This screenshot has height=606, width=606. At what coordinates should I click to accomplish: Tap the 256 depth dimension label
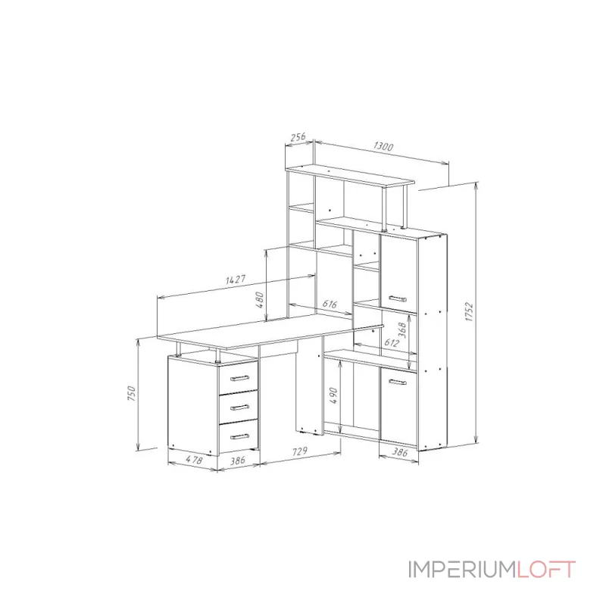pyautogui.click(x=298, y=137)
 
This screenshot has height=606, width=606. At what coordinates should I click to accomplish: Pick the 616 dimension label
pyautogui.click(x=330, y=304)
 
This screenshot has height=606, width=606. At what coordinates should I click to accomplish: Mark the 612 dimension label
pyautogui.click(x=392, y=343)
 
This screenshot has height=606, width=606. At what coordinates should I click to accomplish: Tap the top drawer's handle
pyautogui.click(x=239, y=378)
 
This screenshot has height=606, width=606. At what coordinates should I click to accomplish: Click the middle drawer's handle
pyautogui.click(x=239, y=408)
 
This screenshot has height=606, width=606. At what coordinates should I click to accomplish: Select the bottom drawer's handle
pyautogui.click(x=239, y=436)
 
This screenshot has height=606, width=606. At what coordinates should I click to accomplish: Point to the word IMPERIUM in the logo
pyautogui.click(x=462, y=569)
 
